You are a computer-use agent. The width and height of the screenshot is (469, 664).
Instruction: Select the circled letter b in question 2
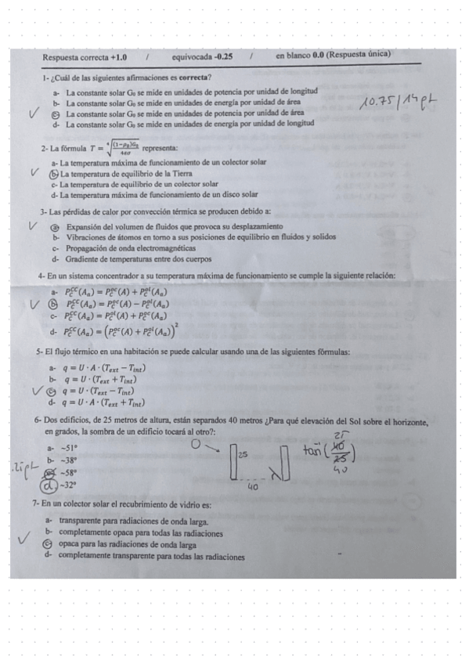pyautogui.click(x=54, y=173)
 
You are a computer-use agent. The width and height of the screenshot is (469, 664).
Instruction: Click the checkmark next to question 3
pyautogui.click(x=34, y=226)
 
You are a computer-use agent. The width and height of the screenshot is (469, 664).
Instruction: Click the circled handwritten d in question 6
pyautogui.click(x=52, y=485)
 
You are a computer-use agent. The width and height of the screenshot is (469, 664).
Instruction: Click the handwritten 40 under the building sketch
pyautogui.click(x=254, y=486)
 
